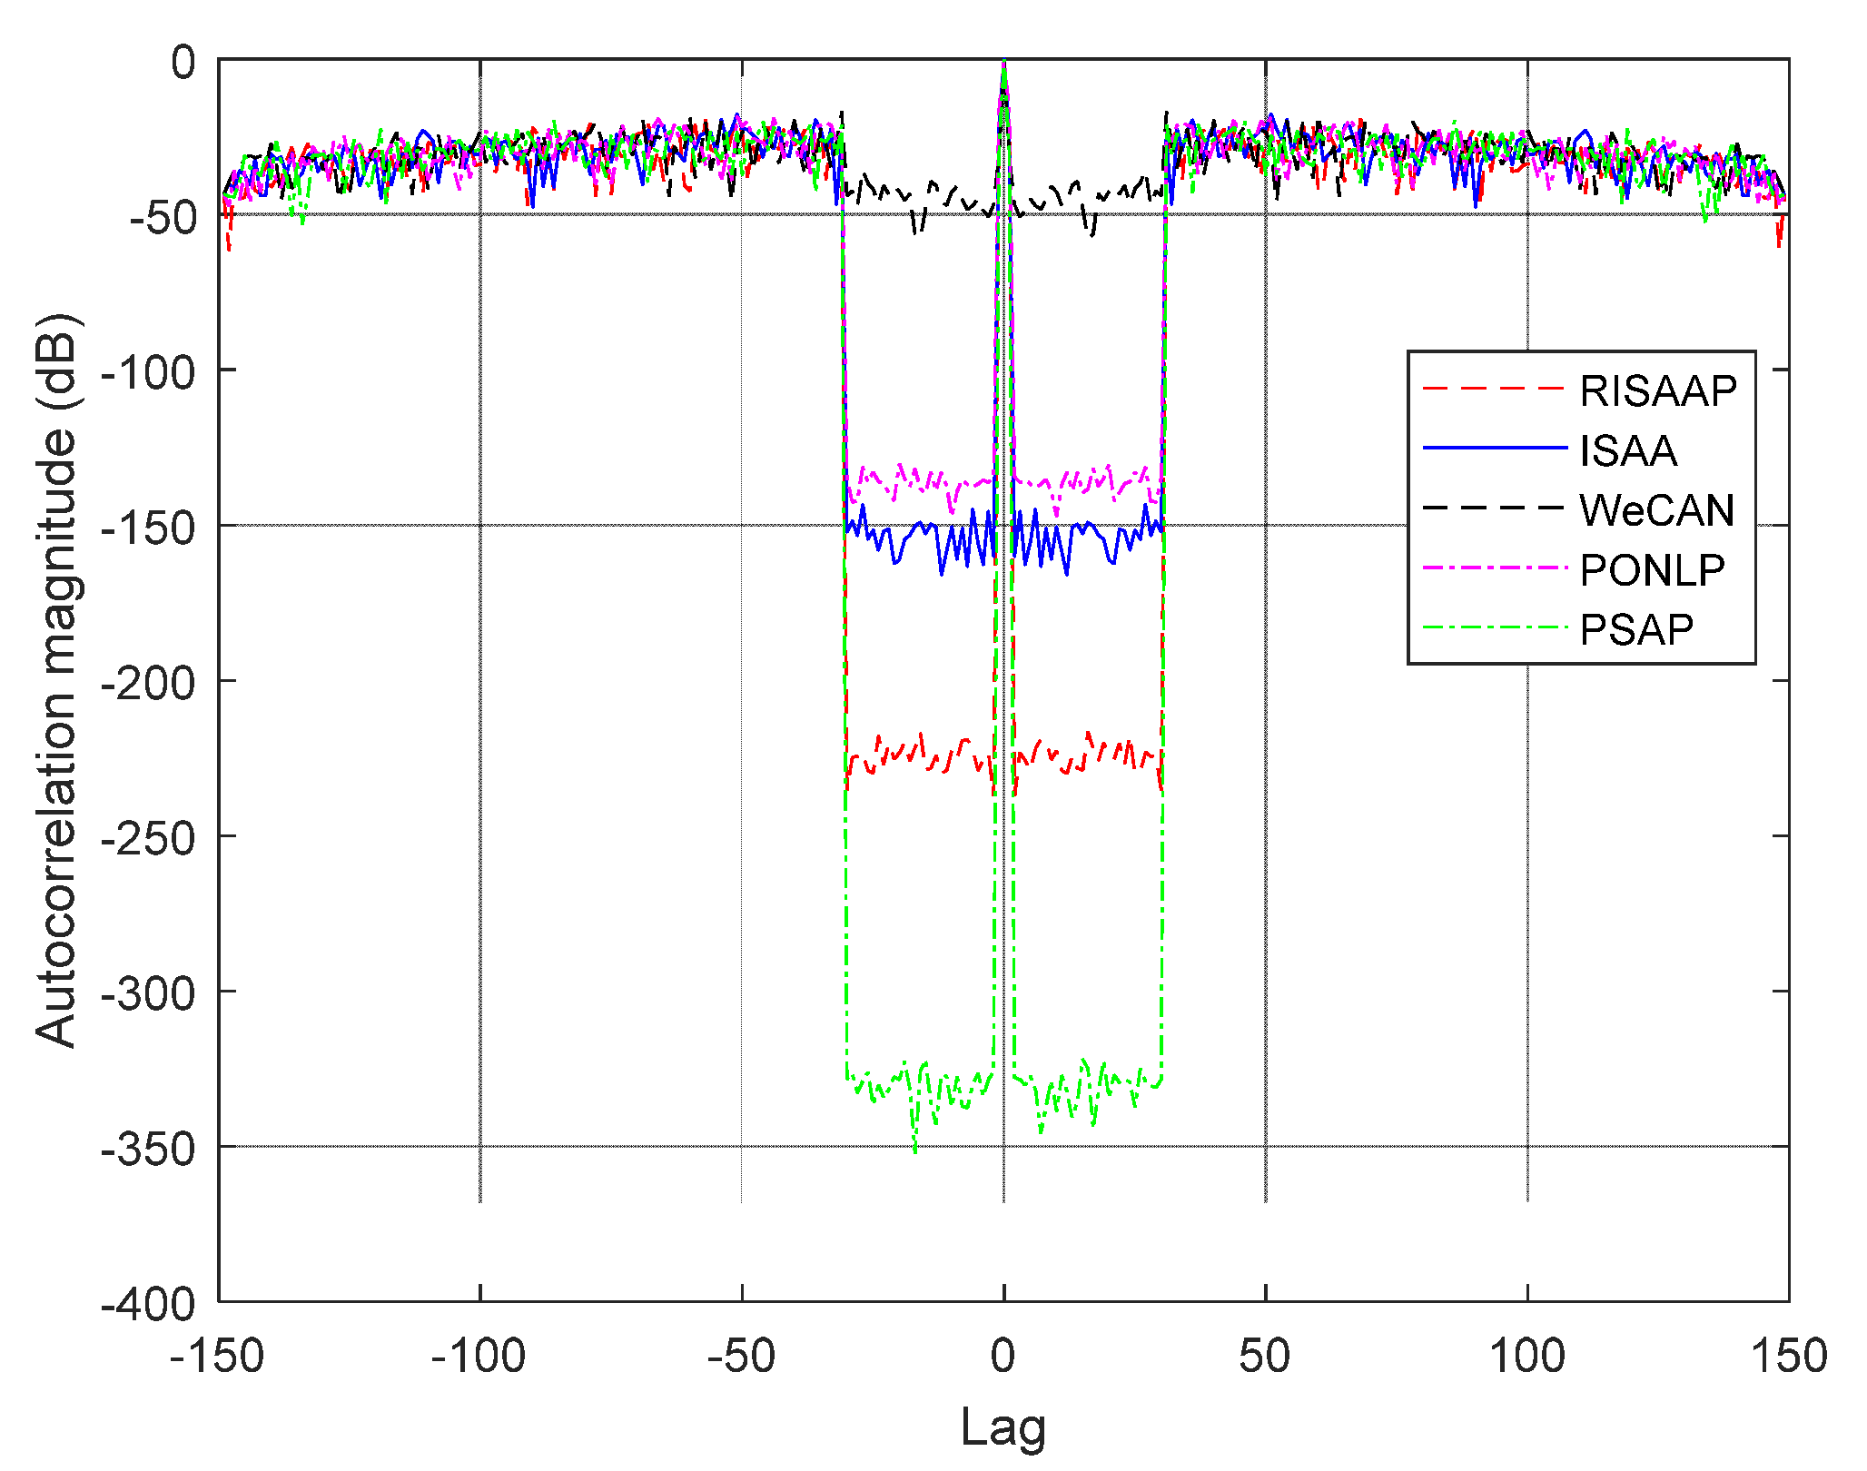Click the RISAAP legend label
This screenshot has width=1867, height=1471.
point(1657,391)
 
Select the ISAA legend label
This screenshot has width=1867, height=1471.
point(1627,451)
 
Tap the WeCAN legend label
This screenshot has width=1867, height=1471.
point(1656,510)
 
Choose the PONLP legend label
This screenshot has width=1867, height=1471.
point(1652,570)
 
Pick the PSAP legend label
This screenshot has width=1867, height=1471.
point(1636,630)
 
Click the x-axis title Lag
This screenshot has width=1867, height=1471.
point(1003,1427)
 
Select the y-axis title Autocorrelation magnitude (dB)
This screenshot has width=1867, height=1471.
point(55,681)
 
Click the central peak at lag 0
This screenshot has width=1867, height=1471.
point(1003,65)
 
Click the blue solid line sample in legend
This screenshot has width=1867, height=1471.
point(1495,448)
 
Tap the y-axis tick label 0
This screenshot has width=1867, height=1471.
point(183,63)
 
